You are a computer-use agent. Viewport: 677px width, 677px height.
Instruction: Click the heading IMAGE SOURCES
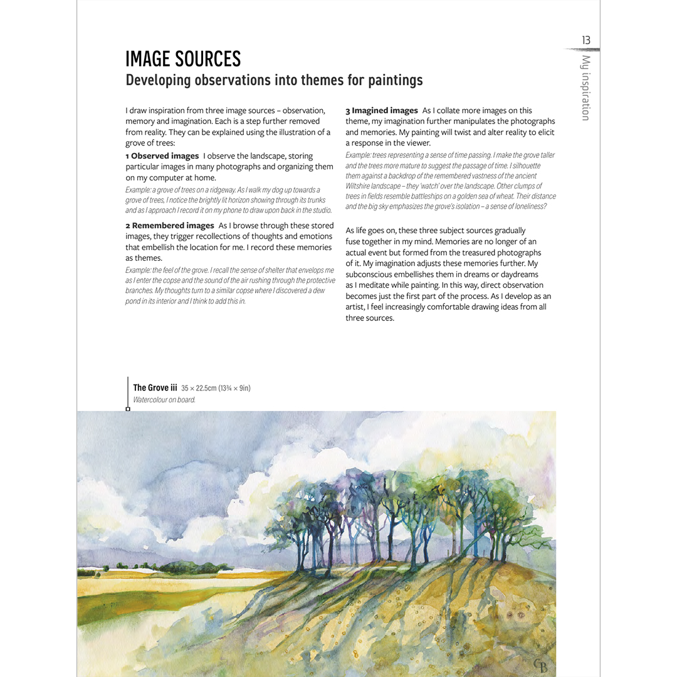[183, 59]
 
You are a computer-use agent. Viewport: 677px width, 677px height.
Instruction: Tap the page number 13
[585, 41]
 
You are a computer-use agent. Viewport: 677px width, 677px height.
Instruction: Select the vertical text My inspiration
[585, 88]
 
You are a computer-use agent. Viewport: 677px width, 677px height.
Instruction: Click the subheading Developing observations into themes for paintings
[274, 80]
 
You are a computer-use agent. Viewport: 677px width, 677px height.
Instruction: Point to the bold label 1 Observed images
[162, 156]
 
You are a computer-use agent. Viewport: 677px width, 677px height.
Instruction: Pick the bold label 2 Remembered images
[169, 226]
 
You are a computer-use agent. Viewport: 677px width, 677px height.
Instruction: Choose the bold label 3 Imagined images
[382, 111]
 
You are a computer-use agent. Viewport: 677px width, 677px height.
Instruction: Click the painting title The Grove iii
[155, 388]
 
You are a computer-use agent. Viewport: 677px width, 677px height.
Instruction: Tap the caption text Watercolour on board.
[164, 400]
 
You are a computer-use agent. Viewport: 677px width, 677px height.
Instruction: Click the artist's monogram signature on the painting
[540, 664]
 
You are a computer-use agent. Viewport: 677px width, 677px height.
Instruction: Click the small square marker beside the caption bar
[128, 409]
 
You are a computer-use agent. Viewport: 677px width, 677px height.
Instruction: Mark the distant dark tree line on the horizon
[188, 568]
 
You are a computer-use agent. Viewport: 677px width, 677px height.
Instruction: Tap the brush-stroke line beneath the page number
[582, 50]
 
